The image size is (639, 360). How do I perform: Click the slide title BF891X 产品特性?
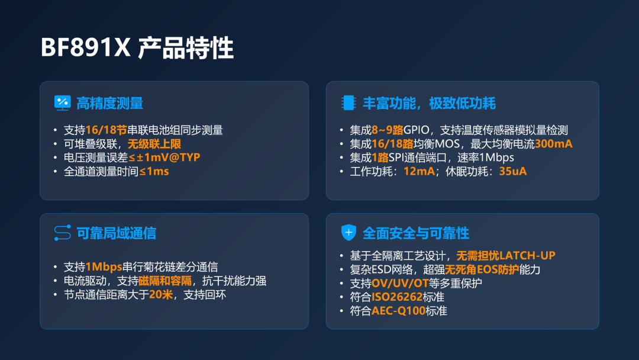[x=137, y=48]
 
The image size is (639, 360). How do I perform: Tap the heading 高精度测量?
[x=109, y=104]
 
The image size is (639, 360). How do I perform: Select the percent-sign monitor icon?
[x=62, y=103]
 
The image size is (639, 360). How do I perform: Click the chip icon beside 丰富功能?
[x=348, y=103]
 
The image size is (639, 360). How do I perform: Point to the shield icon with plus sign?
[x=348, y=232]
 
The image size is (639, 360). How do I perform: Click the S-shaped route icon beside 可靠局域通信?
[x=62, y=233]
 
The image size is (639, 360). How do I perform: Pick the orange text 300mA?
[x=553, y=144]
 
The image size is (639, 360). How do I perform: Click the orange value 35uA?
[x=512, y=171]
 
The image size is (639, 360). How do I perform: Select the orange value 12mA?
[x=419, y=171]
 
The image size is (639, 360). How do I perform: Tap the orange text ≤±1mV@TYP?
[x=164, y=157]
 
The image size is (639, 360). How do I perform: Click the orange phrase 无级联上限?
[x=154, y=144]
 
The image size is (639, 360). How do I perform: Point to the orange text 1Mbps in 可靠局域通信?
[x=104, y=267]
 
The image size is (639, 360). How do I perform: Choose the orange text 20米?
[x=161, y=294]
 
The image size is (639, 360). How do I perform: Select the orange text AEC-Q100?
[x=398, y=311]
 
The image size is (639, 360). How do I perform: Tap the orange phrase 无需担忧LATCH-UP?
[x=506, y=256]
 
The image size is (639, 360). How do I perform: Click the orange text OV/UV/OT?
[x=400, y=283]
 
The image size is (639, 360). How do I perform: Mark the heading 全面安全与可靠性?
[x=416, y=233]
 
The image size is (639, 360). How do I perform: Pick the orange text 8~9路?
[x=387, y=130]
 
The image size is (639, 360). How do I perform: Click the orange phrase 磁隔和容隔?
[x=165, y=281]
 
